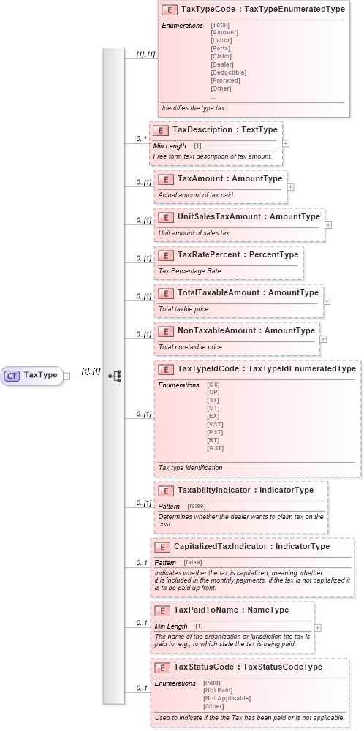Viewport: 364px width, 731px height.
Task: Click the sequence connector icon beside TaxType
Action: coord(114,376)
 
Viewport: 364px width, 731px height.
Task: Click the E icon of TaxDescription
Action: coord(160,129)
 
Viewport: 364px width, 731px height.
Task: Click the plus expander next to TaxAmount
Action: coord(291,186)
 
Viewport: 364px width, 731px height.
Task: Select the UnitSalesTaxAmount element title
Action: coord(249,216)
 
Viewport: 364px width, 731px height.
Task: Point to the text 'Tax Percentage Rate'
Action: coord(189,270)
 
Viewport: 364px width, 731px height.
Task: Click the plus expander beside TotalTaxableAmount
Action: coord(327,300)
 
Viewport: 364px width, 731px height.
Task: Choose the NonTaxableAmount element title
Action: coord(246,330)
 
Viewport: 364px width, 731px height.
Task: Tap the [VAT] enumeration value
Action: coord(215,424)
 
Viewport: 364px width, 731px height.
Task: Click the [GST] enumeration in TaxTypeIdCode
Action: coord(215,448)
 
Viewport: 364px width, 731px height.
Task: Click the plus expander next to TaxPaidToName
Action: coord(317,626)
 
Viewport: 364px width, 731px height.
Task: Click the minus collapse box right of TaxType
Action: coord(67,376)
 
